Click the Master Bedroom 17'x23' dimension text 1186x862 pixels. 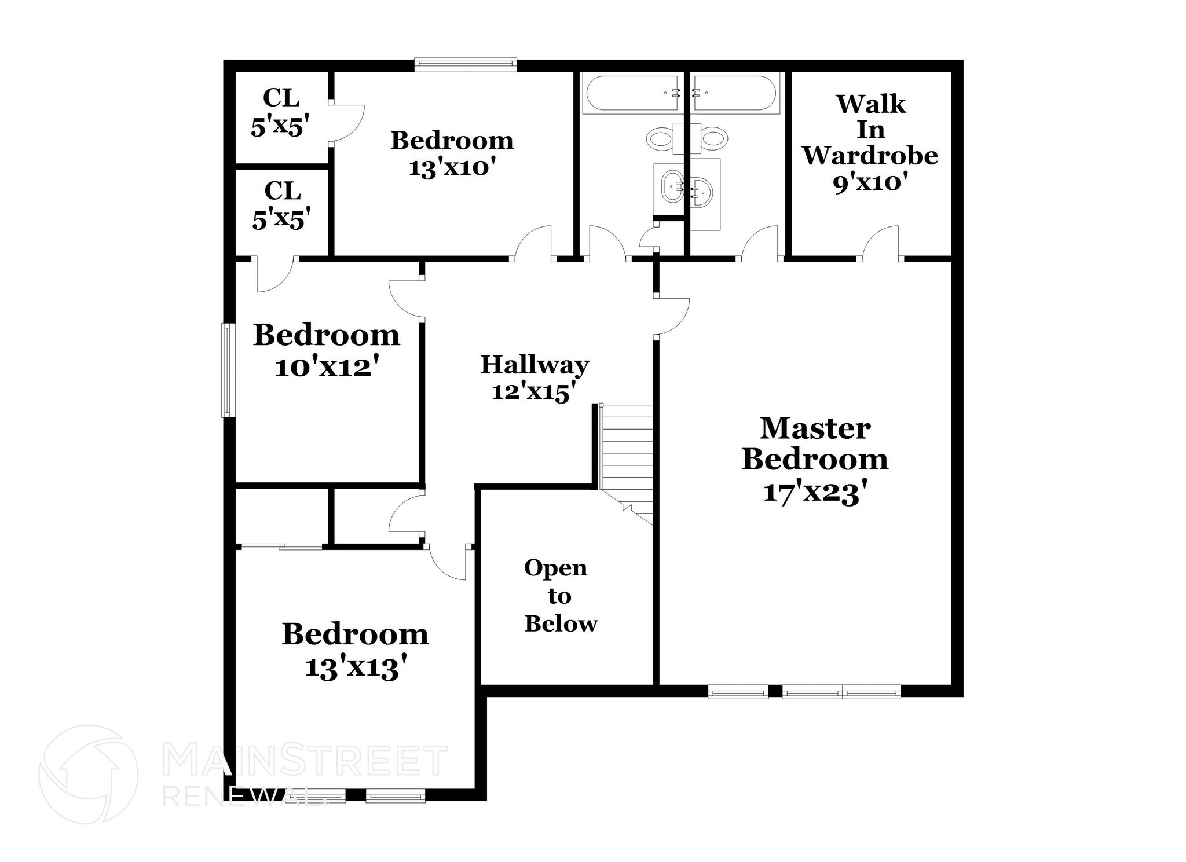815,493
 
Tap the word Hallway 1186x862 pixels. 535,365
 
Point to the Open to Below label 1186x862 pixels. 560,596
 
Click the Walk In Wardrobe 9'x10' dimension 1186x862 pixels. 870,183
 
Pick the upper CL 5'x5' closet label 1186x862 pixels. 281,112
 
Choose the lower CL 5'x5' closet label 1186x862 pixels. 282,205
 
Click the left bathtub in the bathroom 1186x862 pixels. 632,93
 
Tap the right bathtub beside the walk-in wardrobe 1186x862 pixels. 735,93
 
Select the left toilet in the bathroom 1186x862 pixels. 660,139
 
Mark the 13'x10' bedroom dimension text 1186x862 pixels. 452,168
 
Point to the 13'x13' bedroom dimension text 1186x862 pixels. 355,667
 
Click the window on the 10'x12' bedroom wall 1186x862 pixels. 228,370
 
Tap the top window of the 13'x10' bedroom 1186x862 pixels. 465,64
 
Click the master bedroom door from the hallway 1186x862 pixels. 672,316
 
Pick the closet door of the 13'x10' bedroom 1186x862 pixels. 347,123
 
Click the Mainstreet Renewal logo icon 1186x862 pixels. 88,774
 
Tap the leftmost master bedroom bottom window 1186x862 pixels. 738,691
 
